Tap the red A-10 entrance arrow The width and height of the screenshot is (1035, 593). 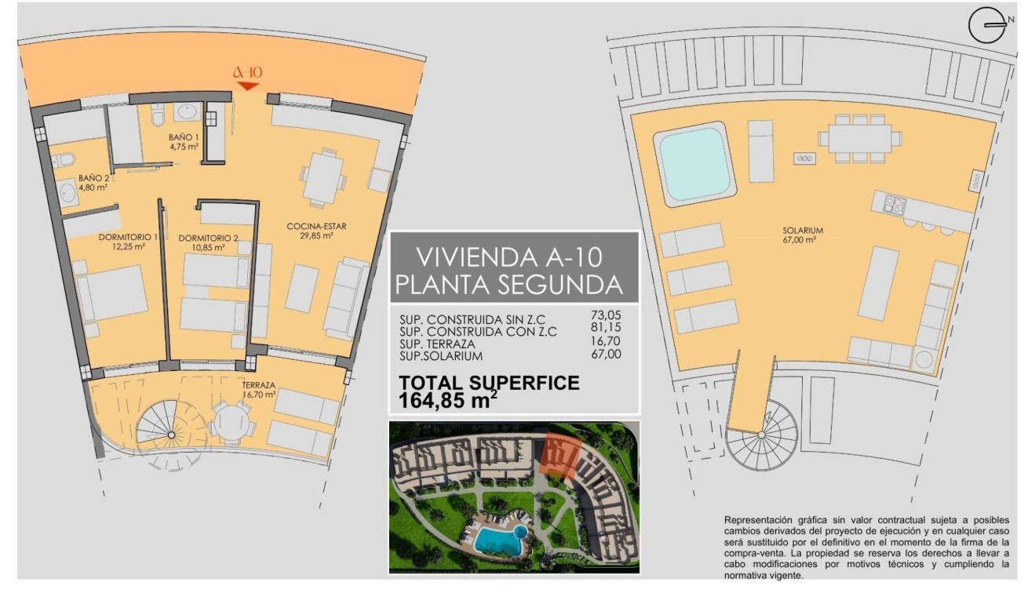click(248, 85)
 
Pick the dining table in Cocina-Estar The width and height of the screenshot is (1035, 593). click(323, 179)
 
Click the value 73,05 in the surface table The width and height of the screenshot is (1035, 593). click(604, 316)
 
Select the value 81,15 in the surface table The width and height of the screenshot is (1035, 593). click(604, 329)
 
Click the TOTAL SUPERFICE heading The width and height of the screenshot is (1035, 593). click(489, 384)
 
